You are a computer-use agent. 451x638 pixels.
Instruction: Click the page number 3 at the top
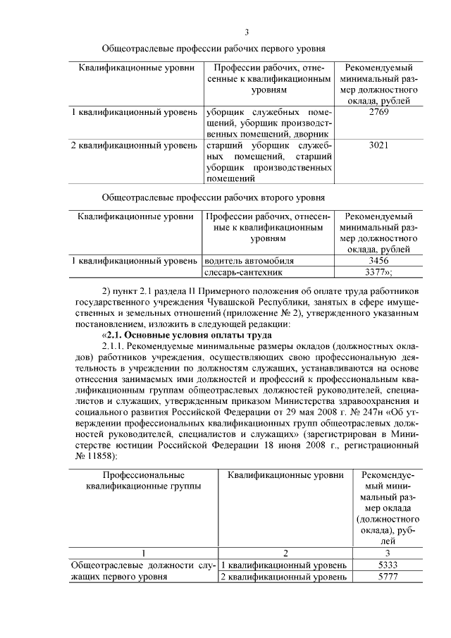click(247, 32)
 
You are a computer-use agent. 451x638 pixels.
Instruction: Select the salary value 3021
click(378, 145)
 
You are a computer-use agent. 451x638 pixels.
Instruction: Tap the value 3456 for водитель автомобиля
click(378, 261)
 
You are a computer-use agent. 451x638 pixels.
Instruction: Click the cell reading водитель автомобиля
click(248, 261)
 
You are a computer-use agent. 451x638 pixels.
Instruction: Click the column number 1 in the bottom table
click(143, 553)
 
